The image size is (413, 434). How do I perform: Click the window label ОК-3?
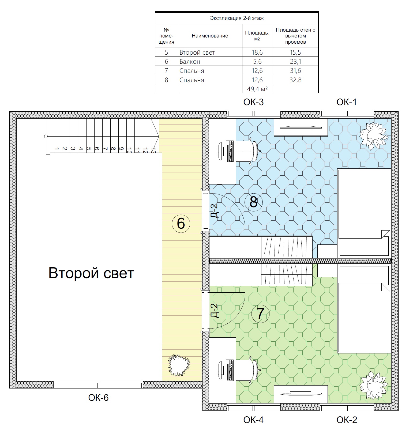coord(253,102)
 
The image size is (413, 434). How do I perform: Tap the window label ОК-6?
coord(98,398)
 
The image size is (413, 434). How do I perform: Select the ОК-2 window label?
coord(347,420)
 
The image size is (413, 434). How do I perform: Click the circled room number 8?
coord(253,202)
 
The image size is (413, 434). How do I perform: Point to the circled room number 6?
coord(181,223)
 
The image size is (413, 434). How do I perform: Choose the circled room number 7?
coord(260,314)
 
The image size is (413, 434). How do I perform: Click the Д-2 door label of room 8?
coord(215,211)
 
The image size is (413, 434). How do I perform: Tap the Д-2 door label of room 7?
coord(215,311)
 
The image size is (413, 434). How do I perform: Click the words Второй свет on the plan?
coord(91,273)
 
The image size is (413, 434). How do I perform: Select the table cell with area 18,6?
coord(257,52)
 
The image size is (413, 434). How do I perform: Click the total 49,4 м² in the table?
coord(257,89)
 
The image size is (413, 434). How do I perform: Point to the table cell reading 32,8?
coord(295,80)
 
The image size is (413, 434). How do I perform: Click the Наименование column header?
coord(210,36)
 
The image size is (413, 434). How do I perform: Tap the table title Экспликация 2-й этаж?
coord(236,18)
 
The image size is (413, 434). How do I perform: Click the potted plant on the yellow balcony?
coord(179,365)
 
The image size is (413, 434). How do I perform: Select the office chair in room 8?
coord(248,151)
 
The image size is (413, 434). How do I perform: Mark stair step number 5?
coord(89,149)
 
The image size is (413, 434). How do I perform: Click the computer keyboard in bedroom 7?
coord(230,370)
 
